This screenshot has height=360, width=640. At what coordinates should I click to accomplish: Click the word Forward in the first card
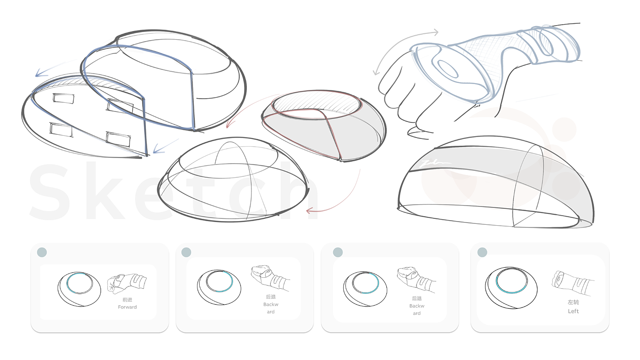[128, 307]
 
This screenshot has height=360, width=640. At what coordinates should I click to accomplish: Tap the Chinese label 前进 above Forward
[128, 300]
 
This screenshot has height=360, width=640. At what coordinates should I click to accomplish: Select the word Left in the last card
[573, 311]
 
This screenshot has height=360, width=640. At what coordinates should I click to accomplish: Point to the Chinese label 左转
[573, 302]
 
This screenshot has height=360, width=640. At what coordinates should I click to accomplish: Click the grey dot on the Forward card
[42, 252]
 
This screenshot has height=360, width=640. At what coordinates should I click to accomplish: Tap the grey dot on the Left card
[482, 252]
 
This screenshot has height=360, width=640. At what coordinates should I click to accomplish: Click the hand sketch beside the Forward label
[127, 284]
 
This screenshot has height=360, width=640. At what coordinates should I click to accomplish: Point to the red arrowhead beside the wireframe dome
[310, 211]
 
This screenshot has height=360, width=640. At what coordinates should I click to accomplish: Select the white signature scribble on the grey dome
[435, 163]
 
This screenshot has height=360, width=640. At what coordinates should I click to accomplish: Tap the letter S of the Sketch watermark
[49, 191]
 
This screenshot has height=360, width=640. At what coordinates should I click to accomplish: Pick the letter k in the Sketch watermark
[106, 191]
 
